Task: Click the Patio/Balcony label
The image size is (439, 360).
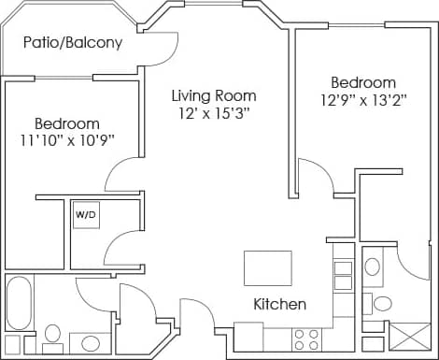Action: (x=73, y=43)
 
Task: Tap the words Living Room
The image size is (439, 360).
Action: (x=213, y=95)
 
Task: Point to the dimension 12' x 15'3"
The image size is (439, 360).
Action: (x=213, y=114)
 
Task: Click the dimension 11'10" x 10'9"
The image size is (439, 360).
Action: (x=67, y=142)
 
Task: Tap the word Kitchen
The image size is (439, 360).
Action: (x=280, y=304)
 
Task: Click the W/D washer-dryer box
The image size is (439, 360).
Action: (x=86, y=214)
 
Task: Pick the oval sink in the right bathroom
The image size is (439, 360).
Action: (x=373, y=266)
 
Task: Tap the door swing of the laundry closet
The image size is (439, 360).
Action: (x=121, y=248)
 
